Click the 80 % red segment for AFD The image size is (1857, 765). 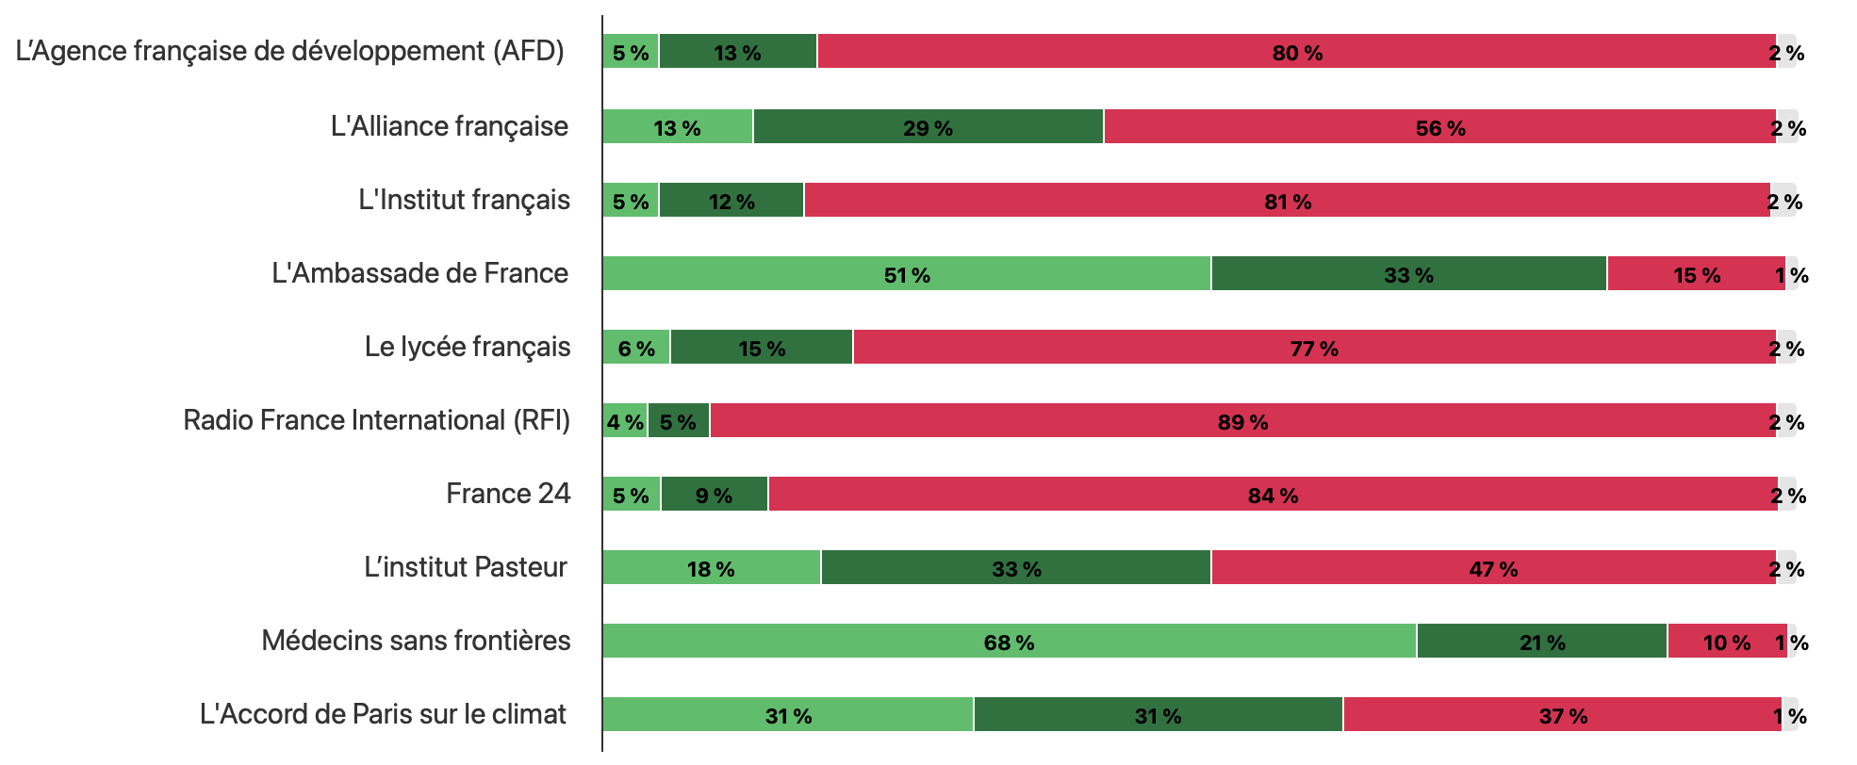tap(1296, 52)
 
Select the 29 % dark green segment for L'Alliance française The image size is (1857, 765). tap(928, 127)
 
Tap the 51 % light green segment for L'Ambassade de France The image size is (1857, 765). tap(906, 274)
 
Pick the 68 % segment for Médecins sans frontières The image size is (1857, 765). tap(1009, 642)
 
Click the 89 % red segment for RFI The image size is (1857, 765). tap(1242, 421)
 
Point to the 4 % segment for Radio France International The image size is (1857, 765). tap(625, 421)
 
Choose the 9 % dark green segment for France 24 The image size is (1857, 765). tap(714, 495)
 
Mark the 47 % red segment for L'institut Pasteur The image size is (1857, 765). tap(1493, 568)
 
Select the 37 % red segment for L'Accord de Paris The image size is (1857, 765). tap(1562, 715)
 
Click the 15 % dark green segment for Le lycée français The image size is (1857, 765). tap(761, 348)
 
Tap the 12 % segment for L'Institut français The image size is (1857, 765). tap(731, 201)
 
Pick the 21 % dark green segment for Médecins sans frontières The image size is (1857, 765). tap(1541, 642)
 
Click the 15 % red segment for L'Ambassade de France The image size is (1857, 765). tap(1696, 274)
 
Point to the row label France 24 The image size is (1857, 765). tap(508, 494)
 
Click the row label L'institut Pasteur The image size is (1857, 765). tap(466, 567)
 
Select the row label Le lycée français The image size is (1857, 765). tap(468, 347)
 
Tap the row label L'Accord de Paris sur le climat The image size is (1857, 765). tap(383, 714)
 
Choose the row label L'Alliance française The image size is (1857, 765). tap(450, 126)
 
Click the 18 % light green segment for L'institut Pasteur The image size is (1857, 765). tap(711, 568)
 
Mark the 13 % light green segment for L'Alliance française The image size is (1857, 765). tap(677, 127)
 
